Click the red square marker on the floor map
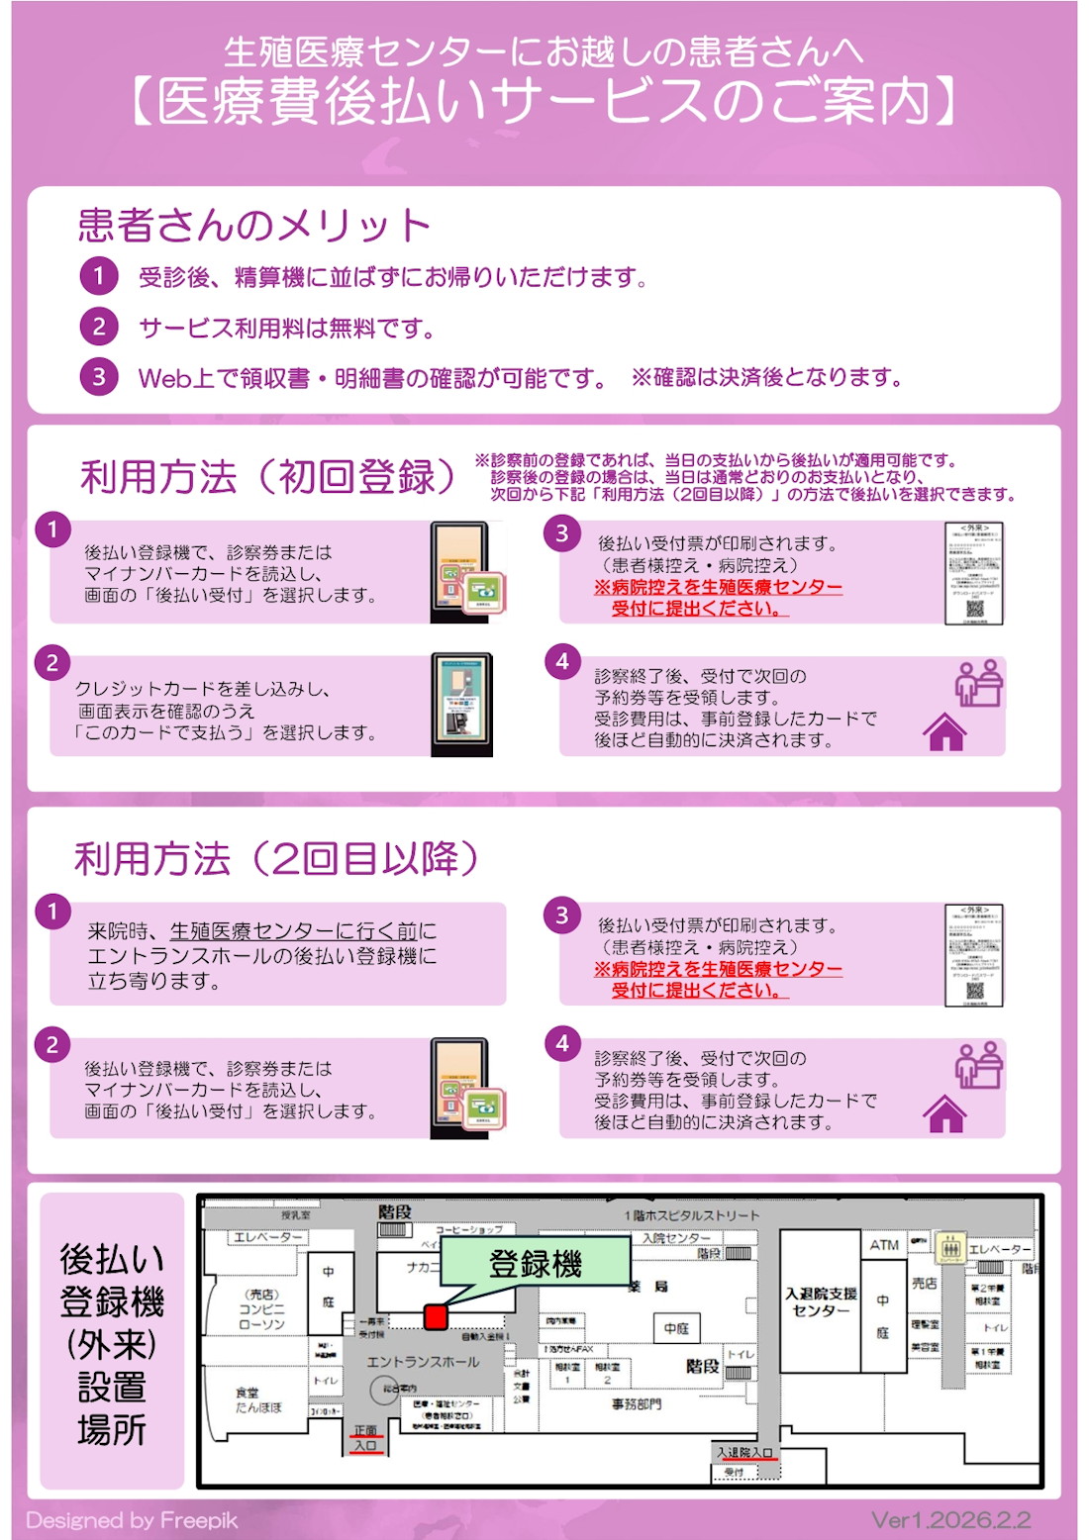click(x=436, y=1315)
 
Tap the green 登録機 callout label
click(x=535, y=1264)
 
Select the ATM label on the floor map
click(x=884, y=1245)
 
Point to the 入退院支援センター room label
click(x=821, y=1301)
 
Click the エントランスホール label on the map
click(x=423, y=1362)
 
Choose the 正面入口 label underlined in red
click(x=365, y=1438)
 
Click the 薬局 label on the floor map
click(x=649, y=1286)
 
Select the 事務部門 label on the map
click(x=637, y=1403)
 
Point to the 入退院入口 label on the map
click(x=744, y=1452)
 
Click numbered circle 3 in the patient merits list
click(x=99, y=377)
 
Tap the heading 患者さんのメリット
click(x=254, y=226)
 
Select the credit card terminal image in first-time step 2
click(x=461, y=705)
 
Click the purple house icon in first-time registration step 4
click(x=944, y=732)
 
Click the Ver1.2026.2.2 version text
click(x=950, y=1519)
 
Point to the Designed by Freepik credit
click(x=132, y=1520)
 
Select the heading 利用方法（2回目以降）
click(x=277, y=858)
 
